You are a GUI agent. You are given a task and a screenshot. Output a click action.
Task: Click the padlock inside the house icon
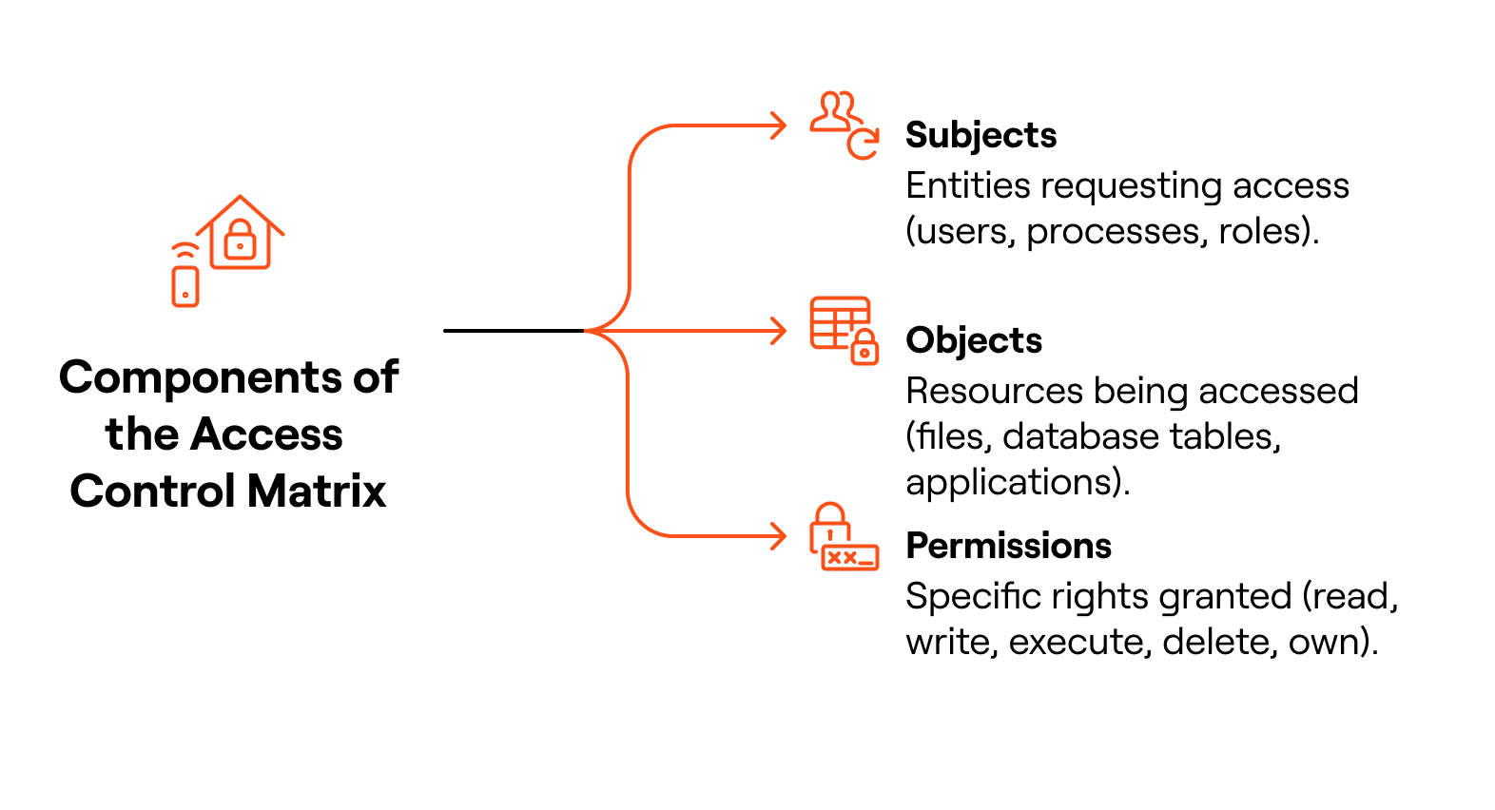[240, 241]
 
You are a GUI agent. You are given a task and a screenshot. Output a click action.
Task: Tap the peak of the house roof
[241, 197]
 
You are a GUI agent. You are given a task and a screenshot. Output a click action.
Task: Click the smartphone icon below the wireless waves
[185, 286]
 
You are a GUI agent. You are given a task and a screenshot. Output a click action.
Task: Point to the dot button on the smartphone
[185, 296]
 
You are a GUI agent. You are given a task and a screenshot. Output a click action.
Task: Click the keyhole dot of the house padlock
[240, 246]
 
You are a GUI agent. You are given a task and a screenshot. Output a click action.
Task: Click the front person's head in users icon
[831, 102]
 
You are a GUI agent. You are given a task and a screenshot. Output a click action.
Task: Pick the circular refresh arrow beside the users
[863, 145]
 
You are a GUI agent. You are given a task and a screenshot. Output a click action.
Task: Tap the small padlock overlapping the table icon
[864, 349]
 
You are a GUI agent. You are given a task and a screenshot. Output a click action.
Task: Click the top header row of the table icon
[840, 303]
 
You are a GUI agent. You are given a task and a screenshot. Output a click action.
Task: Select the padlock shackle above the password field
[830, 512]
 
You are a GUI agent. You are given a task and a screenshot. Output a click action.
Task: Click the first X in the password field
[834, 558]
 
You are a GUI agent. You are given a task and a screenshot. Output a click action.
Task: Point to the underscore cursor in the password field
[865, 564]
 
